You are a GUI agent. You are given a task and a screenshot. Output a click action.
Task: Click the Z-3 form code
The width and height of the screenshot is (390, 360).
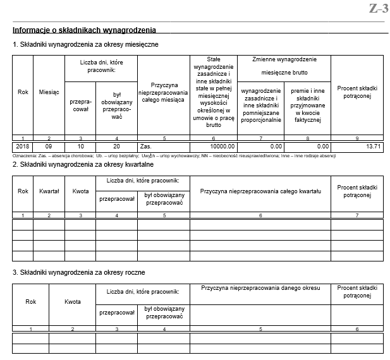[x=378, y=8]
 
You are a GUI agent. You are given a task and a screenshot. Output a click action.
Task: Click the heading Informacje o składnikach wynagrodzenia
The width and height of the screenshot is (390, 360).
[x=84, y=30]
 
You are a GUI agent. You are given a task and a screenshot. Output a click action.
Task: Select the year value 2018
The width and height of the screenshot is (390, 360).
[x=23, y=146]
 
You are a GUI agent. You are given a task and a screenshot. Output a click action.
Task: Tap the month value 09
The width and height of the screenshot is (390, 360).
[x=49, y=146]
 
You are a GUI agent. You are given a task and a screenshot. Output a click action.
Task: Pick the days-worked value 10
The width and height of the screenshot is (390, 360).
[x=80, y=146]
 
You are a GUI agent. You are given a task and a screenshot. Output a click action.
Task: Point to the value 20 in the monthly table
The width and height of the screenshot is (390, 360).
[x=116, y=146]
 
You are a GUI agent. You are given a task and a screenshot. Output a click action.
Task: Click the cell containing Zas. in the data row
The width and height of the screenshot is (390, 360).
[x=146, y=146]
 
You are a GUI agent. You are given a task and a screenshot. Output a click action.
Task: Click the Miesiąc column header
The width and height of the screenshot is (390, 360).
[x=49, y=92]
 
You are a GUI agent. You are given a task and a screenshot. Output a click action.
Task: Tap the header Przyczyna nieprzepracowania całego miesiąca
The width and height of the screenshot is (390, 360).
[x=163, y=92]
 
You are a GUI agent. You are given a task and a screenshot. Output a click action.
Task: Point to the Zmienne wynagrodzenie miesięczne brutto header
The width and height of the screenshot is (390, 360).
[x=283, y=65]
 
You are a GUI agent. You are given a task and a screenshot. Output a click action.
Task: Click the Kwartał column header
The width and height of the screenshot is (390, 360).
[x=49, y=191]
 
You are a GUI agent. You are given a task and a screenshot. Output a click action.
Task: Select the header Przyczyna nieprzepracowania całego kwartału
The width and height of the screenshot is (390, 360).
[x=260, y=191]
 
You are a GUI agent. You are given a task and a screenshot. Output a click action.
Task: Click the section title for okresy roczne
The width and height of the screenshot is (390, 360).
[x=79, y=272]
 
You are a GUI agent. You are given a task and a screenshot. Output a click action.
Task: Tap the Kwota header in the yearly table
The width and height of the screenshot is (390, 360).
[x=73, y=302]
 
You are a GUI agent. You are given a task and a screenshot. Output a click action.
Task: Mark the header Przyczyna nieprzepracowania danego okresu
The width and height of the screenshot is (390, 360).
[x=260, y=289]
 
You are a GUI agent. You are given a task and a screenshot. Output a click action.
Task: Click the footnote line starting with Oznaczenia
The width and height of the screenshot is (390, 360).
[x=174, y=155]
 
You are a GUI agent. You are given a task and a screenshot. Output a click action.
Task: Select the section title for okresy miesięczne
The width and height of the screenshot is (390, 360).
[x=85, y=44]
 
